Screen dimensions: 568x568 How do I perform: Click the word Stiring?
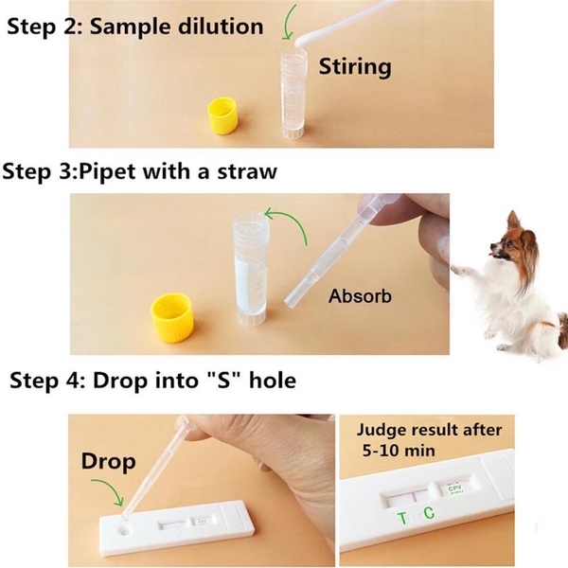coord(354,66)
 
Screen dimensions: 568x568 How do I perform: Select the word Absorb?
coord(360,296)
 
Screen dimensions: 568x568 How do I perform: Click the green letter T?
coord(400,518)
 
